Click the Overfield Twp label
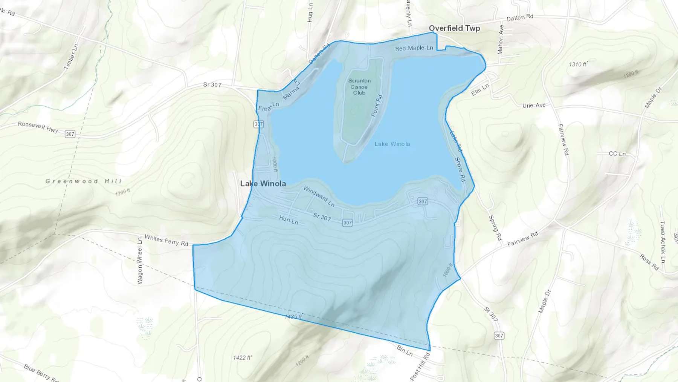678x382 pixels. tap(454, 28)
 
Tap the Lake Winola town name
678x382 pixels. tap(263, 184)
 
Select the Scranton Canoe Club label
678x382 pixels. tap(359, 87)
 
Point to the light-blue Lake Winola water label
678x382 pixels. tap(392, 144)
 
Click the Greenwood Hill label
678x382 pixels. tap(84, 181)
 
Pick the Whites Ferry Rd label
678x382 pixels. tap(166, 241)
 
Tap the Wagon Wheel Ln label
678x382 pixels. tap(140, 261)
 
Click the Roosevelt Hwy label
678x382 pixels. tap(38, 127)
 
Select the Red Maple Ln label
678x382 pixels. tap(414, 48)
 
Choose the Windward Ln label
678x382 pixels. tap(319, 196)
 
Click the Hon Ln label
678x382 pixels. tap(289, 220)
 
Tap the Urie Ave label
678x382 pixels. tap(534, 105)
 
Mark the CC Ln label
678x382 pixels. tap(617, 154)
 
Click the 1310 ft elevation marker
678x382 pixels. tap(578, 64)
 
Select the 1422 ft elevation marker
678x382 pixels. tap(242, 357)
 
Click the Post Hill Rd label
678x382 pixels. tap(420, 367)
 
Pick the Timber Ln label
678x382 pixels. tap(71, 57)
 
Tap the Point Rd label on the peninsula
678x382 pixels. tap(377, 106)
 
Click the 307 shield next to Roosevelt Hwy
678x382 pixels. tap(70, 134)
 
